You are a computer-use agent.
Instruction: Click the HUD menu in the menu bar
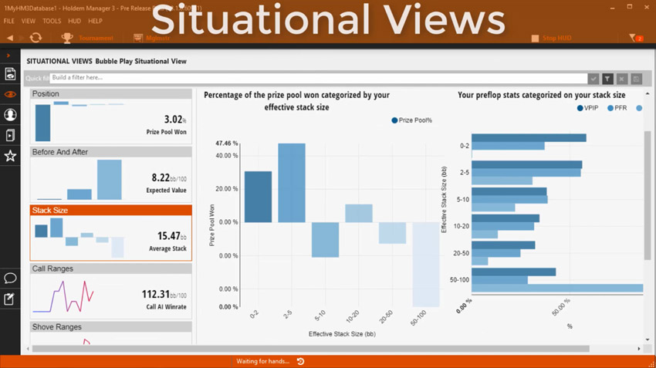pyautogui.click(x=74, y=22)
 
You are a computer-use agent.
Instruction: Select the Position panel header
pyautogui.click(x=111, y=94)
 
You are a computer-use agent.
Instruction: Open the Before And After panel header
pyautogui.click(x=111, y=152)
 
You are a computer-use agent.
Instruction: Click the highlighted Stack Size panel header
pyautogui.click(x=111, y=210)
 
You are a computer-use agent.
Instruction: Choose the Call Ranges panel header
pyautogui.click(x=111, y=268)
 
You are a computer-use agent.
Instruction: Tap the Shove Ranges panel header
pyautogui.click(x=111, y=327)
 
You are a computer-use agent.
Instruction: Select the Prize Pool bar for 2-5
pyautogui.click(x=292, y=182)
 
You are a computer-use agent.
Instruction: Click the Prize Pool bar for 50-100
pyautogui.click(x=426, y=264)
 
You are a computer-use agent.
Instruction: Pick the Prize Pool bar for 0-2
pyautogui.click(x=258, y=196)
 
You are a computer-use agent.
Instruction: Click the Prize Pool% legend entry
pyautogui.click(x=412, y=120)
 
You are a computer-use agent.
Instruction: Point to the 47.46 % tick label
pyautogui.click(x=226, y=143)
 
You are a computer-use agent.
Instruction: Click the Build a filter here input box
pyautogui.click(x=316, y=78)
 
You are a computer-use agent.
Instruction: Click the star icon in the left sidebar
pyautogui.click(x=10, y=156)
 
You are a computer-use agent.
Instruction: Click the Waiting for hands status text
pyautogui.click(x=263, y=361)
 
